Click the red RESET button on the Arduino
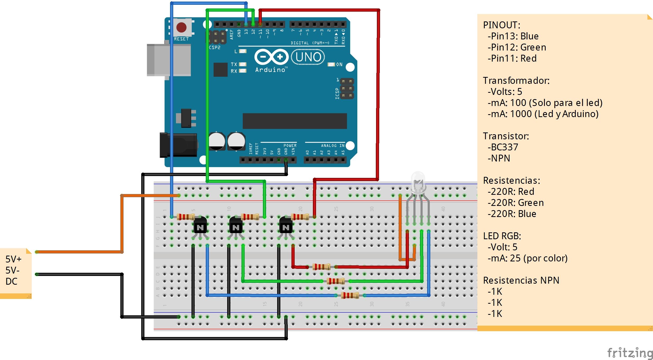click(181, 27)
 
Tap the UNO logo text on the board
click(308, 57)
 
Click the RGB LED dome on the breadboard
click(418, 182)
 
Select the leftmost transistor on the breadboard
click(200, 226)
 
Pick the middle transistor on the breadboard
click(236, 226)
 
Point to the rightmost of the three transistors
click(286, 226)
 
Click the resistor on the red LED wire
click(321, 267)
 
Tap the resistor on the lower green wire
click(336, 281)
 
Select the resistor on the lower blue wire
click(350, 295)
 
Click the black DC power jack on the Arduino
click(179, 145)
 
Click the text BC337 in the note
click(505, 147)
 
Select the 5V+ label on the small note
click(13, 259)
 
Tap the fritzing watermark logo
click(630, 353)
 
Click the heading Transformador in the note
click(516, 81)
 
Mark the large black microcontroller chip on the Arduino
click(295, 121)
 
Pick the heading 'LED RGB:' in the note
click(502, 236)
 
